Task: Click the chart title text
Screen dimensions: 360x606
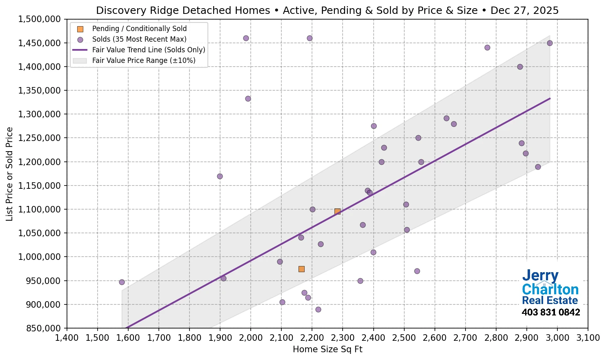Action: [327, 10]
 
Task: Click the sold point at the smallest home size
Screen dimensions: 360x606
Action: [122, 282]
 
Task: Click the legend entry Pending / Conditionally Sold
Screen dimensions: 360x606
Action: [139, 29]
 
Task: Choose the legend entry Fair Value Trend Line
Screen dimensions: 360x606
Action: [149, 50]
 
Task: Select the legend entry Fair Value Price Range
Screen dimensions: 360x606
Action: [144, 60]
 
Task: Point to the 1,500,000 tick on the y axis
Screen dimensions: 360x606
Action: [40, 19]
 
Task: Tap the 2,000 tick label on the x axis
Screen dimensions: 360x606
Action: [250, 338]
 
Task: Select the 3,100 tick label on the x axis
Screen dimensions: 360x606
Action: [588, 338]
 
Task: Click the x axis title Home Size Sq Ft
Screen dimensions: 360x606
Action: [328, 349]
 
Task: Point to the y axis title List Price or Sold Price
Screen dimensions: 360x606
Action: [10, 174]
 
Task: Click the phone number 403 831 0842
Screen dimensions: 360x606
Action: [550, 313]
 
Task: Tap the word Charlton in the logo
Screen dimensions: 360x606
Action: [550, 289]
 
